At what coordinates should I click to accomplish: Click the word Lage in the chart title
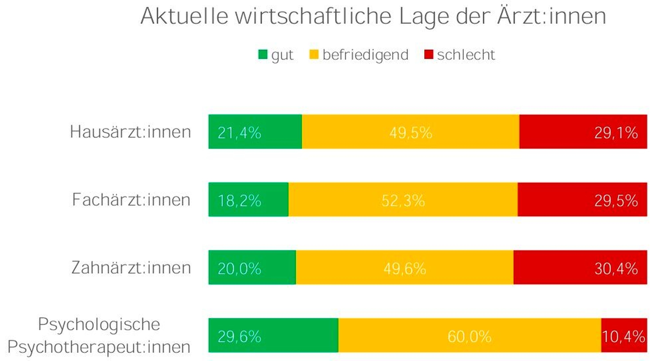pyautogui.click(x=424, y=17)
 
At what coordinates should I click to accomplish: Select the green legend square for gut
pyautogui.click(x=263, y=55)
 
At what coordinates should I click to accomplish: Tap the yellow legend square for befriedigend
pyautogui.click(x=314, y=55)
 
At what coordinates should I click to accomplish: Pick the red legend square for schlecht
pyautogui.click(x=429, y=55)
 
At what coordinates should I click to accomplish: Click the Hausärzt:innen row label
pyautogui.click(x=130, y=132)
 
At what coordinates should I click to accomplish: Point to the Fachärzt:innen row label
pyautogui.click(x=131, y=200)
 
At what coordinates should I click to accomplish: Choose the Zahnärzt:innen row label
pyautogui.click(x=131, y=268)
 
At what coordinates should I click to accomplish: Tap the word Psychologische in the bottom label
pyautogui.click(x=99, y=324)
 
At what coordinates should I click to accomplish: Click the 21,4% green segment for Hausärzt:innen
pyautogui.click(x=255, y=132)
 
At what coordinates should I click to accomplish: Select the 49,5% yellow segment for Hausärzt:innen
pyautogui.click(x=411, y=132)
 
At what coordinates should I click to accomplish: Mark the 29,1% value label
pyautogui.click(x=616, y=133)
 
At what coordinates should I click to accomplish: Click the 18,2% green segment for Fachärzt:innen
pyautogui.click(x=248, y=199)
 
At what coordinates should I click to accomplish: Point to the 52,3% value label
pyautogui.click(x=403, y=201)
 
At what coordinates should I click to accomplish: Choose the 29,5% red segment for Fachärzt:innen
pyautogui.click(x=582, y=199)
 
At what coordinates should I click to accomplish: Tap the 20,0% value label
pyautogui.click(x=239, y=268)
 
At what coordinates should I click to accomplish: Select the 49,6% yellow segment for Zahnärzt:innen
pyautogui.click(x=405, y=267)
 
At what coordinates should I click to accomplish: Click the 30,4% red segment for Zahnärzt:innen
pyautogui.click(x=580, y=267)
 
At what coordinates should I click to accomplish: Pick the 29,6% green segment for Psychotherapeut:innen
pyautogui.click(x=273, y=335)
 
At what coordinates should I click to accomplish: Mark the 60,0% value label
pyautogui.click(x=469, y=337)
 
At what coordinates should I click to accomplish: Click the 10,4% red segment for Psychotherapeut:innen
pyautogui.click(x=624, y=335)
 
